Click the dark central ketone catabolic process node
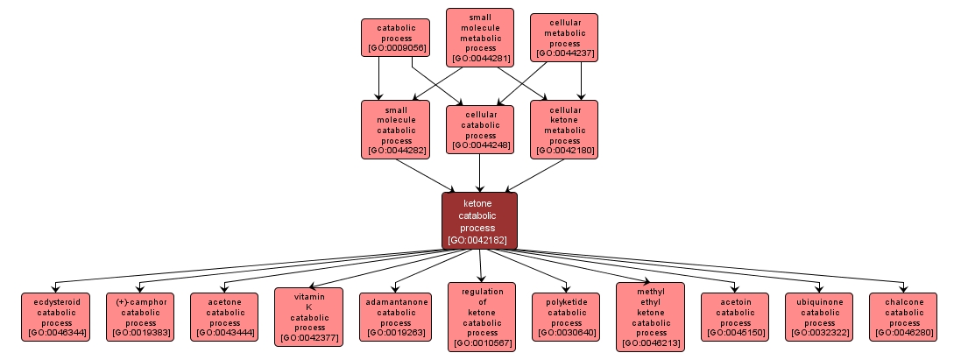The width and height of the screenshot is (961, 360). [479, 220]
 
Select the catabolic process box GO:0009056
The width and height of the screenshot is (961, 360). [395, 39]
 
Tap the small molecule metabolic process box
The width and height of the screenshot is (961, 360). [479, 37]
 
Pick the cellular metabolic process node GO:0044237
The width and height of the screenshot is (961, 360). [564, 37]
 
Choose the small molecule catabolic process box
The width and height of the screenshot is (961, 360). [395, 129]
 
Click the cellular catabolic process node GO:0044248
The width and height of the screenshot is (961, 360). [479, 130]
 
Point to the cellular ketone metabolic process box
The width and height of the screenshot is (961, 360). [564, 129]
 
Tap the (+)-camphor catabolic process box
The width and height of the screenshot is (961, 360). [139, 317]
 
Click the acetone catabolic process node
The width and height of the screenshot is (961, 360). [224, 317]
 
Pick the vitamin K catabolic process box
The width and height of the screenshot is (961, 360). [308, 315]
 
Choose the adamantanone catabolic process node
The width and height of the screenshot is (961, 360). [395, 317]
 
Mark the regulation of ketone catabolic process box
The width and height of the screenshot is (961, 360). [482, 316]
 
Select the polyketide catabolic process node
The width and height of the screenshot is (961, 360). [566, 317]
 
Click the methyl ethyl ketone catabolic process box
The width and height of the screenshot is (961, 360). [651, 316]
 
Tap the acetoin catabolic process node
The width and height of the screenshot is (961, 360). [735, 317]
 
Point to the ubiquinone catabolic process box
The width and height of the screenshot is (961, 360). [819, 317]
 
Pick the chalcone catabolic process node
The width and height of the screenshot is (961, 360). [903, 317]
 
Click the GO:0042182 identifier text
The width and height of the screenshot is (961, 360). [479, 239]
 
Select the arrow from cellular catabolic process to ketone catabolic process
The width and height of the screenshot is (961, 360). [479, 173]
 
